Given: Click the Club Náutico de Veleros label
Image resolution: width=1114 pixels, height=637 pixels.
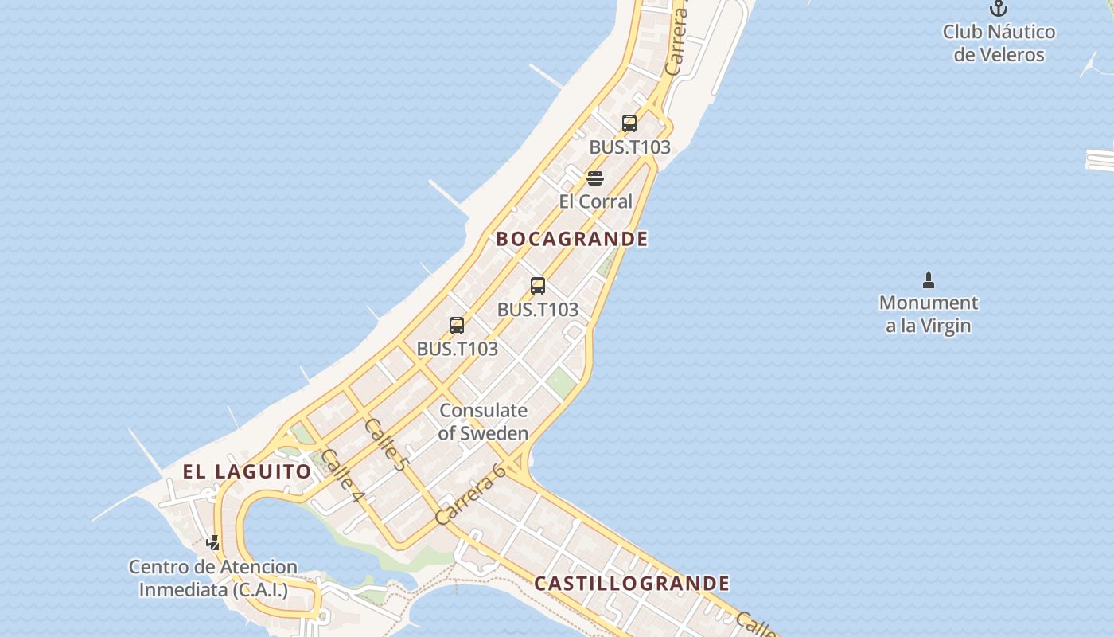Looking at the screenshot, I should click(x=999, y=43).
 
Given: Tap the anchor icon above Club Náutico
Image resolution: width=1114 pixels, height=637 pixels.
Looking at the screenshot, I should click(x=998, y=9).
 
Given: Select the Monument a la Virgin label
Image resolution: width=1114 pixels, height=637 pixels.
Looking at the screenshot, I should click(x=928, y=314).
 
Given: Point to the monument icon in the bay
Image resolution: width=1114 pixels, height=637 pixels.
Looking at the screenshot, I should click(x=928, y=280).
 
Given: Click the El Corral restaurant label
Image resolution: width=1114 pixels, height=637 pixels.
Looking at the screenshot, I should click(x=595, y=201).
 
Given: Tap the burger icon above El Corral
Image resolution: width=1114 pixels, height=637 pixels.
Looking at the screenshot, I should click(x=595, y=178).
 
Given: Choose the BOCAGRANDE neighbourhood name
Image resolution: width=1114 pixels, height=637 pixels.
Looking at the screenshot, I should click(x=571, y=239).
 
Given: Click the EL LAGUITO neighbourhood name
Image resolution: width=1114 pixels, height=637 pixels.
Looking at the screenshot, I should click(x=247, y=471).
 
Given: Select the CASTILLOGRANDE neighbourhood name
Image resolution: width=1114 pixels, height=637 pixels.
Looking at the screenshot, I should click(x=631, y=584).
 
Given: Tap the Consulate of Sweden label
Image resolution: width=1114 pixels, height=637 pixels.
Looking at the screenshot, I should click(x=483, y=422).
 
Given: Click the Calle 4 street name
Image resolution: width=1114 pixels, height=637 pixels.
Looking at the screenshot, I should click(x=343, y=479).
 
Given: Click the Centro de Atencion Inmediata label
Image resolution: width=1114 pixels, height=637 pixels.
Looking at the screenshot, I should click(x=213, y=579).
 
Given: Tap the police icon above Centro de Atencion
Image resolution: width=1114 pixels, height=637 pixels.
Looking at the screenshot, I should click(x=213, y=543).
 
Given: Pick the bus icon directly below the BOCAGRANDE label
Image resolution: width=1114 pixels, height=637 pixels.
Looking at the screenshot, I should click(x=538, y=286).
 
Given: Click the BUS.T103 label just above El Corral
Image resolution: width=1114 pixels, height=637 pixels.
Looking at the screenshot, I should click(x=629, y=147).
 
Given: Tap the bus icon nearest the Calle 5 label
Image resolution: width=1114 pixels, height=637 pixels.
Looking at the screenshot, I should click(x=457, y=325).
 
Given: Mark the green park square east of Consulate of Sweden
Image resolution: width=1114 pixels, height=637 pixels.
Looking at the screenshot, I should click(x=562, y=382).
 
